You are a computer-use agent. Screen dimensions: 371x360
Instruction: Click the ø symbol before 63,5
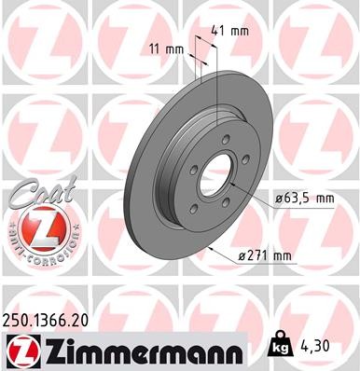tap(280, 198)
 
